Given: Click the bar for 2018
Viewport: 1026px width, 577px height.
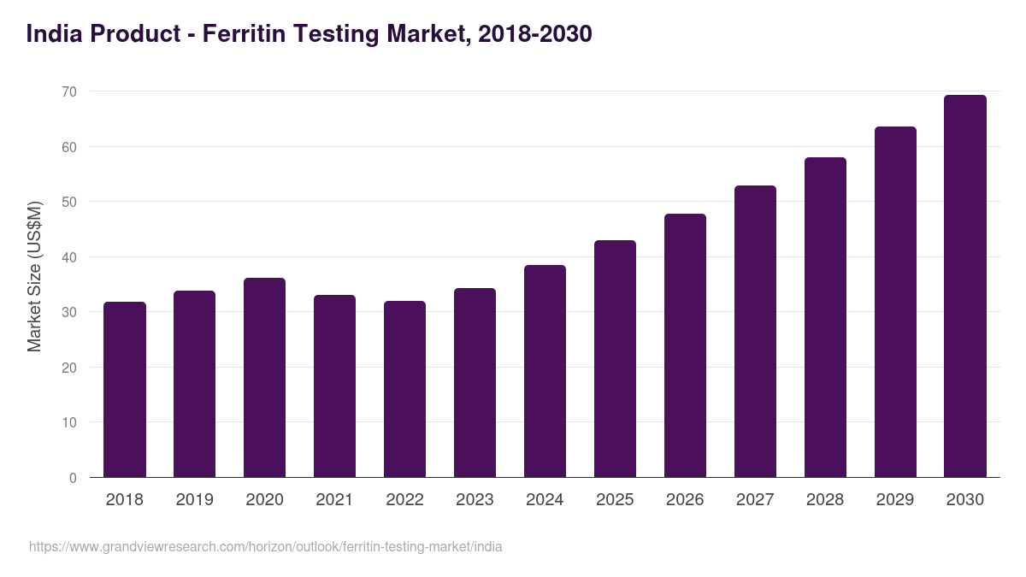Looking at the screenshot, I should point(125,390).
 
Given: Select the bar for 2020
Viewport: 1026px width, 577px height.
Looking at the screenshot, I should point(265,378).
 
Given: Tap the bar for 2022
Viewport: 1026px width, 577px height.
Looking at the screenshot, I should point(405,389).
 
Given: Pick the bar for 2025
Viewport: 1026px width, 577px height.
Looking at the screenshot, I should point(616,359).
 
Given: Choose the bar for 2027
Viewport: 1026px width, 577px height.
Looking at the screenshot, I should point(756,332).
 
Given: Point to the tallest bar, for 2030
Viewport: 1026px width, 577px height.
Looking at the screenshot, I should point(965,286).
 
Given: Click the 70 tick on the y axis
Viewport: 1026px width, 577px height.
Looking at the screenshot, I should point(69,91).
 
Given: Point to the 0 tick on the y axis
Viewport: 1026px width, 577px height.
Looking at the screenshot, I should point(73,478).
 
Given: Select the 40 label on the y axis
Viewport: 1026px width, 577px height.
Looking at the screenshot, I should point(69,257).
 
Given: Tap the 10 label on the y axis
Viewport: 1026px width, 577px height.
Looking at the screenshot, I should point(69,422).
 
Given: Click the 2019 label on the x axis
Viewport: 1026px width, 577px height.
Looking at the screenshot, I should point(195,500).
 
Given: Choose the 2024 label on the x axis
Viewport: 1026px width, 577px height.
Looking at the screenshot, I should point(545,500).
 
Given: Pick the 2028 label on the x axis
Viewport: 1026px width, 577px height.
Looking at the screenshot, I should point(825,500).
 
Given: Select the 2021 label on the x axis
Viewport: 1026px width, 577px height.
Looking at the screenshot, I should point(335,500).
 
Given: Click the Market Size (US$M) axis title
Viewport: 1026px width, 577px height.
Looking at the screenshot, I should point(34,276).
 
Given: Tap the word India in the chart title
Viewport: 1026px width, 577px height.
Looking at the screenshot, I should point(53,34).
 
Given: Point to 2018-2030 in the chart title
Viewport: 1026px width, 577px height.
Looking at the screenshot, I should point(534,34).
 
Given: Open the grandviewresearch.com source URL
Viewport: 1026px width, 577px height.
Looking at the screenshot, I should point(266,546).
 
